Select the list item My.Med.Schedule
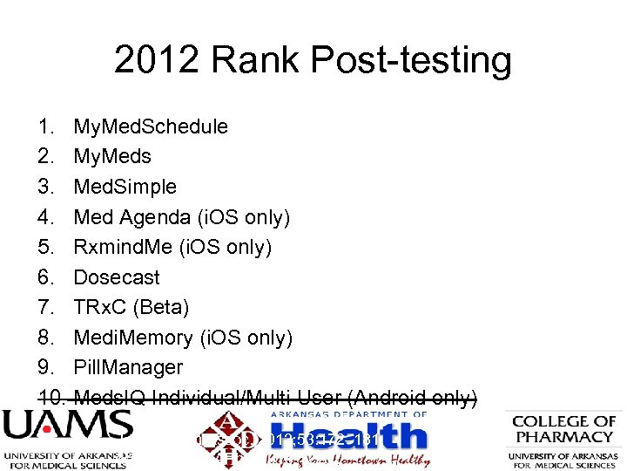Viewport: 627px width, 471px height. [x=151, y=126]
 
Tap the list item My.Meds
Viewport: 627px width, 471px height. [x=112, y=157]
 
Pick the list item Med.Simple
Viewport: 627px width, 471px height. [x=125, y=187]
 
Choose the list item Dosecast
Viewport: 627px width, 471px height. [x=117, y=277]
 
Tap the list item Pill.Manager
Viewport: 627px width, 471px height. [x=128, y=367]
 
